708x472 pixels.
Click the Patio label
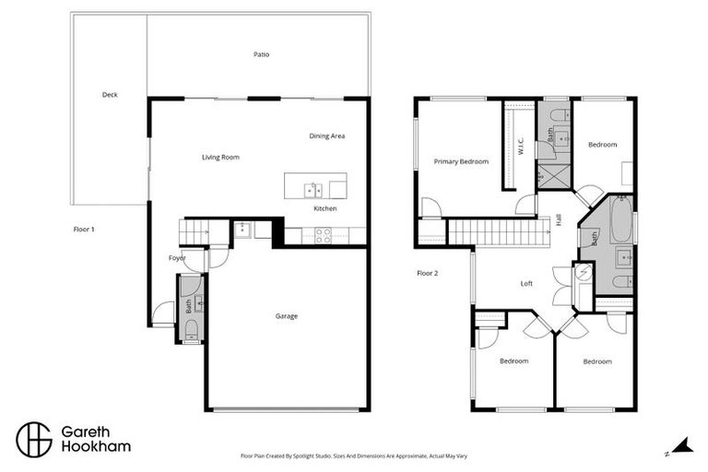click(x=262, y=54)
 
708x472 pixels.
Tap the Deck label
click(x=110, y=95)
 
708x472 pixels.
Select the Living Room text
click(x=220, y=158)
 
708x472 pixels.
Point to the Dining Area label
click(x=326, y=136)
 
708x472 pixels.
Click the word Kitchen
click(x=324, y=209)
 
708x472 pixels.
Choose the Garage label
click(x=286, y=316)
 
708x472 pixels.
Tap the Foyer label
click(x=177, y=258)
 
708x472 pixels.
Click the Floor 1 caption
click(x=85, y=229)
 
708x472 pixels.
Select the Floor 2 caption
click(x=427, y=273)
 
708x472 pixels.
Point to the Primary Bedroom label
click(x=461, y=161)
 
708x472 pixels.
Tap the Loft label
click(x=526, y=284)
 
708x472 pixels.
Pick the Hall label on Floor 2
click(x=559, y=219)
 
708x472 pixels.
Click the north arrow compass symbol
click(x=681, y=446)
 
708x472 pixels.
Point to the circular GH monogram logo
click(x=32, y=439)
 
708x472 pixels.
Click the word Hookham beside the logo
click(x=96, y=447)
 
